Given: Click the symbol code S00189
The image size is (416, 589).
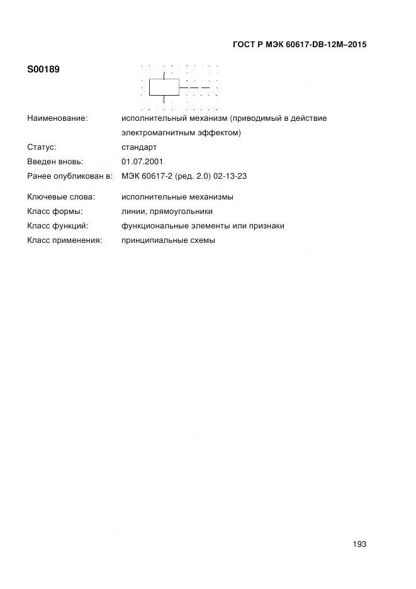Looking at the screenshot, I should [43, 69].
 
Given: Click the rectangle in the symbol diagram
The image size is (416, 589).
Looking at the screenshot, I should [164, 87].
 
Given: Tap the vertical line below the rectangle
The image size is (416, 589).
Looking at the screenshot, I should [164, 99].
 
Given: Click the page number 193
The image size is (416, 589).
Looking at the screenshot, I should [359, 544].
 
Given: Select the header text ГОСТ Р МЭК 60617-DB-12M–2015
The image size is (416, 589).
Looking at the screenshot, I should [300, 45].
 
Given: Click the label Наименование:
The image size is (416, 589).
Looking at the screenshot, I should [57, 118].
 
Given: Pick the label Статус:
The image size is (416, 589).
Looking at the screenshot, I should [42, 147].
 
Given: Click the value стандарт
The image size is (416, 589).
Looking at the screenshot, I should [139, 147].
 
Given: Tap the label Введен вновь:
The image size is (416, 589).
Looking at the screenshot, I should [55, 162].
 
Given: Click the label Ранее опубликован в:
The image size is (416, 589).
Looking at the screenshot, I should [70, 176].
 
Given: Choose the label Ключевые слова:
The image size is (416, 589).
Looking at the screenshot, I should [61, 197].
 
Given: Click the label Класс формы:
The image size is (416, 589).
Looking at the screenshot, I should [55, 211].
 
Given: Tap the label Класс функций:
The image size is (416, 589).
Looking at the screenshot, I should [58, 226].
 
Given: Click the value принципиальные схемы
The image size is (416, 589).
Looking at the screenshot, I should [168, 240].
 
